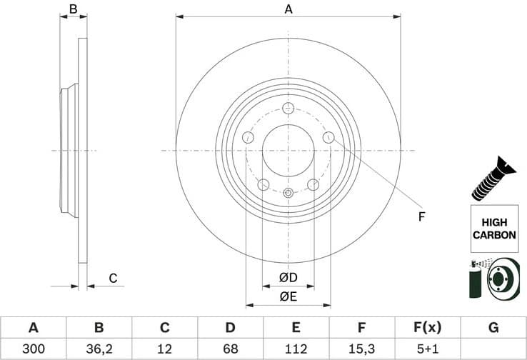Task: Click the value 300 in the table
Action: (33, 349)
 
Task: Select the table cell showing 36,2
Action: (99, 349)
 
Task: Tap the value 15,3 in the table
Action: (362, 349)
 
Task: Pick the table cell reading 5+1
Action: (428, 349)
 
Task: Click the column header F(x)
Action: (428, 328)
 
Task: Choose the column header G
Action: (493, 328)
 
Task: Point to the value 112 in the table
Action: (296, 349)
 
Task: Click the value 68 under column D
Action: (231, 349)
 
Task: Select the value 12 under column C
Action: (165, 349)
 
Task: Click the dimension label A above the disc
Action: (288, 9)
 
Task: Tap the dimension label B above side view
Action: (72, 9)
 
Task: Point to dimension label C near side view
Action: (112, 278)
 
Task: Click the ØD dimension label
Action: (288, 277)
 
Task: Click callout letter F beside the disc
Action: (421, 216)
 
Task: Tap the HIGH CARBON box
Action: (493, 229)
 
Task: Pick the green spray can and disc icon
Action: (493, 281)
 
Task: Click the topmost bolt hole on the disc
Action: (288, 109)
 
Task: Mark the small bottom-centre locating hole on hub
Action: (288, 192)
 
